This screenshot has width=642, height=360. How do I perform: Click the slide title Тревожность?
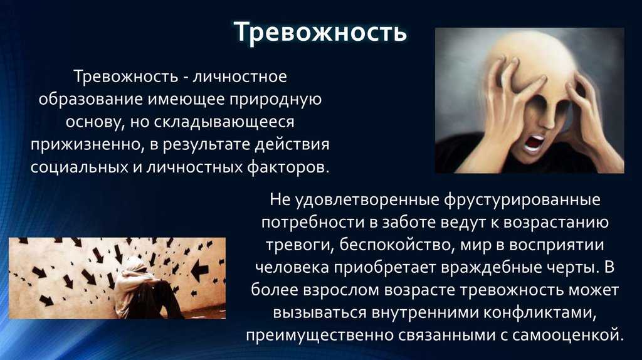[x=320, y=32]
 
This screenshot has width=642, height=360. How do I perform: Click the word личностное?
[x=239, y=77]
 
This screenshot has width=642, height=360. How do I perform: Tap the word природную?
[x=275, y=100]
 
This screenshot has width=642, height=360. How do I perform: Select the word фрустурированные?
[x=522, y=200]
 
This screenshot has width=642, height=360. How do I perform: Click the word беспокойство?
[x=396, y=245]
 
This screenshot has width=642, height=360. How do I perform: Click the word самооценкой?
[x=567, y=336]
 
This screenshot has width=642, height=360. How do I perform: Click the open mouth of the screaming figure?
[x=534, y=144]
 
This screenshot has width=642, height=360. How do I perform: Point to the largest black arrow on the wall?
[x=200, y=270]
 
